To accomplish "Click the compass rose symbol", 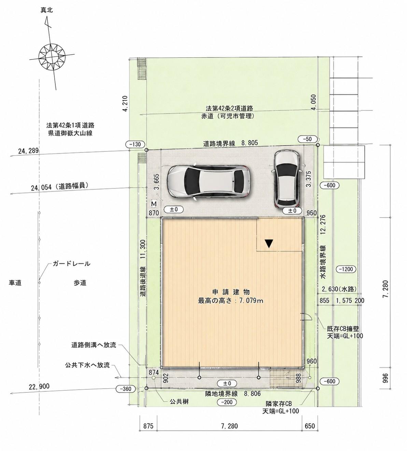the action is point(52,57).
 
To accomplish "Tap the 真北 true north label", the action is point(47,10).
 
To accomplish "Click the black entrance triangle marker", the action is point(269,244).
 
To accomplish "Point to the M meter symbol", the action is point(154,204).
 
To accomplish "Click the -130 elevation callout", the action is point(135,144).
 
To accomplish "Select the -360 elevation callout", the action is point(126,389).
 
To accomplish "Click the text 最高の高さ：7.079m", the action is point(230,301).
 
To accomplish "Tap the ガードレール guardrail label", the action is point(71,264).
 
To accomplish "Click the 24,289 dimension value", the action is point(29,151).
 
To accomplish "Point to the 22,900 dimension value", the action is point(39,387).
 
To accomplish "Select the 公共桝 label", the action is point(179,401).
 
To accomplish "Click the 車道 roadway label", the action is point(15,283).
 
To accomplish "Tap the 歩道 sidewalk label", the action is point(80,283).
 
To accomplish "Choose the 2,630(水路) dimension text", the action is point(339,289).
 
